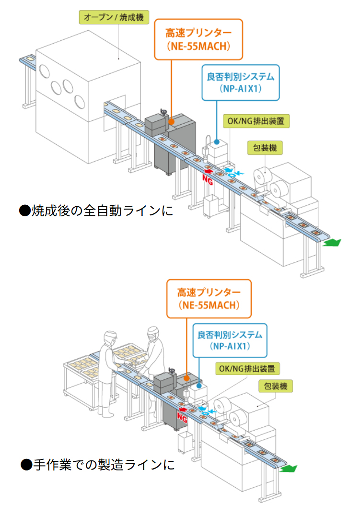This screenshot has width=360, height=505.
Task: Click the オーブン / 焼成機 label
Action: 114,18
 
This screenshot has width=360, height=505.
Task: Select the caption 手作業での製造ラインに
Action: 97,464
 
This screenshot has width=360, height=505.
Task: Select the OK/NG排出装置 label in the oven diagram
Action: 257,121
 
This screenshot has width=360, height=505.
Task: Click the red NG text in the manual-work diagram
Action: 182,418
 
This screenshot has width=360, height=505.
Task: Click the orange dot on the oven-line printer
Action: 171,123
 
